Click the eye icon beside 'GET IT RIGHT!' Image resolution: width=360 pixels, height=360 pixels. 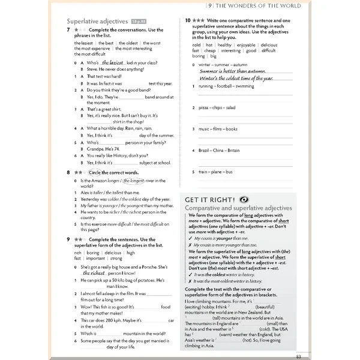(243, 199)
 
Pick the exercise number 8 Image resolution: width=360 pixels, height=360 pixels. (70, 172)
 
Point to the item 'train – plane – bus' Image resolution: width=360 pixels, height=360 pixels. (216, 172)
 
